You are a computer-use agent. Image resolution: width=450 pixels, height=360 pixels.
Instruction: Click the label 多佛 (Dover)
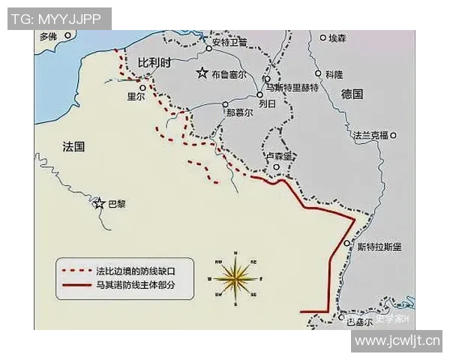point(49,36)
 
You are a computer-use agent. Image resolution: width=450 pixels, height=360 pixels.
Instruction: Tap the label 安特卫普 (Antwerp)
point(229,42)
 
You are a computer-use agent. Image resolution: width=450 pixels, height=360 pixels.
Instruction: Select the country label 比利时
point(155,63)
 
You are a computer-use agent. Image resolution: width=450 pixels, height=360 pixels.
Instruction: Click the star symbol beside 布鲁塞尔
point(202,73)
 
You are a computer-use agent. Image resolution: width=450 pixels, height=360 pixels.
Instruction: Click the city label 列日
point(267,103)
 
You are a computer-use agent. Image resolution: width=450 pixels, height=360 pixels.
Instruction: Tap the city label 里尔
point(136,96)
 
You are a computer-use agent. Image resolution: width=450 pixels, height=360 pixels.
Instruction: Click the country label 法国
point(73,146)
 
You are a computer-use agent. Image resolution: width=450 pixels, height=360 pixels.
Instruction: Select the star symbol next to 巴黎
point(98,202)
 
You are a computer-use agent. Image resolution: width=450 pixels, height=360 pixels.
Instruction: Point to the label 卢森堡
point(282,155)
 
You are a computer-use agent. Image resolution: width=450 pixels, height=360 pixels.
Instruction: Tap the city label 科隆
point(334,74)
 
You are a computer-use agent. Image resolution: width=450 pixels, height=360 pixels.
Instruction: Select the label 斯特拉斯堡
point(379,246)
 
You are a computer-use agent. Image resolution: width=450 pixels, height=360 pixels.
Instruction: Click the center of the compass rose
point(235,278)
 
